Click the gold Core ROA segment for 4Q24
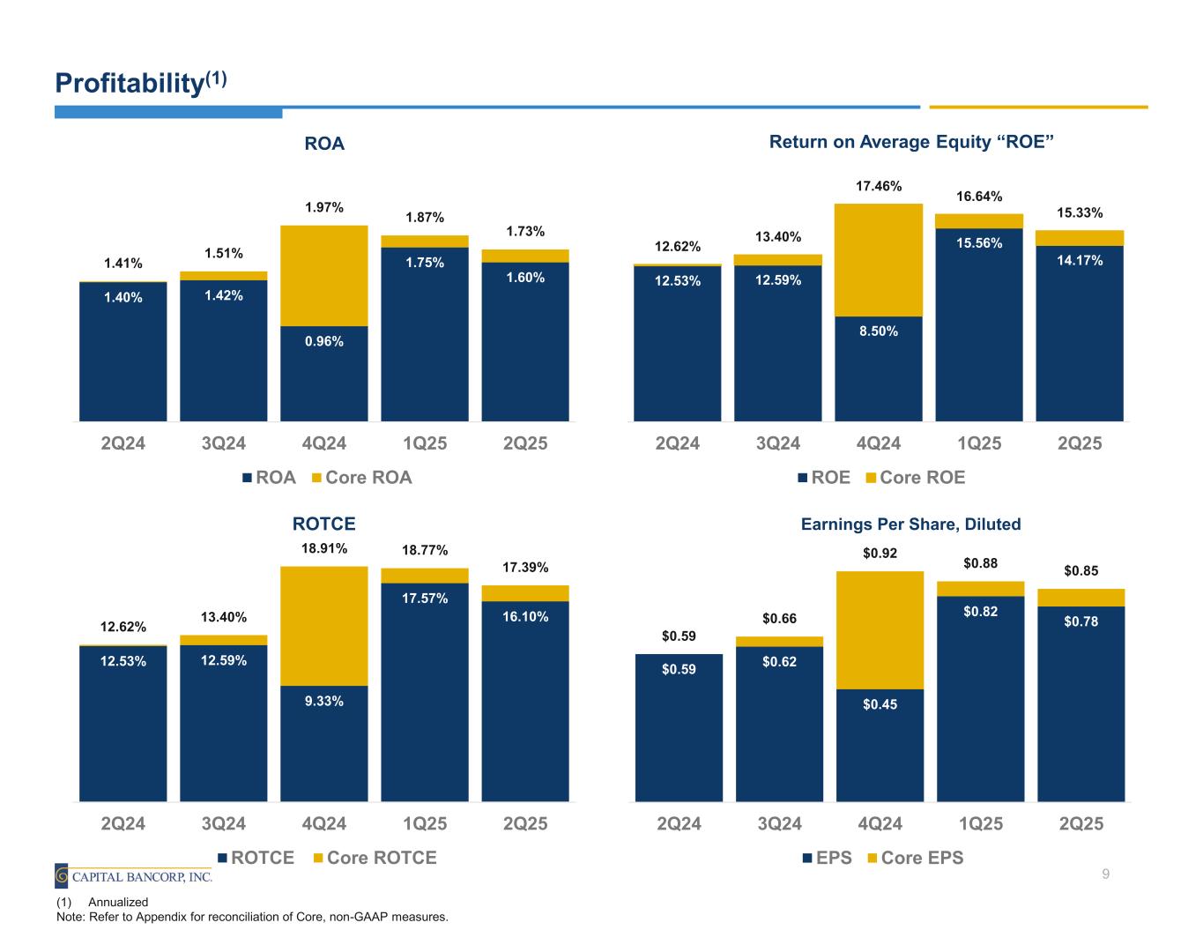pos(323,275)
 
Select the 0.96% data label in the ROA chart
pos(323,341)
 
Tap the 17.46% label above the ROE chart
pos(879,186)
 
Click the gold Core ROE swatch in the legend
pos(872,478)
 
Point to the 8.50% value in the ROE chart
pos(879,331)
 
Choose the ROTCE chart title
pos(323,524)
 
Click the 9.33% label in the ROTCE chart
pos(323,702)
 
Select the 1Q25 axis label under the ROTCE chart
pos(425,824)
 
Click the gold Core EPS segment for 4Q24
pos(880,629)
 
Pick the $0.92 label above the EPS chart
pos(880,554)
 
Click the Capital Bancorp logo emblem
pos(62,876)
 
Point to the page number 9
pos(1105,874)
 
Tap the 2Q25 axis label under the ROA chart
pos(525,443)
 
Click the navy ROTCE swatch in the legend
pos(224,858)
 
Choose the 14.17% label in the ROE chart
pos(1080,260)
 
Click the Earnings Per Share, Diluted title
pos(910,525)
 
